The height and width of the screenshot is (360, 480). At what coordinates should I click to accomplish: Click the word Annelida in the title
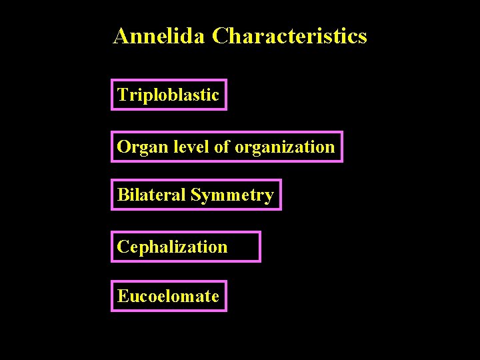[x=160, y=36]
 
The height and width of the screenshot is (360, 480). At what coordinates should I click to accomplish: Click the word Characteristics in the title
[x=289, y=36]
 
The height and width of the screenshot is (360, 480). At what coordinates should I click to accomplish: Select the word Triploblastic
[x=168, y=95]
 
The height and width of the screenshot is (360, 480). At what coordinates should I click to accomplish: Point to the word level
[x=189, y=147]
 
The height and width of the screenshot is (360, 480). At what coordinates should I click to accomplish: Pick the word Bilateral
[x=151, y=195]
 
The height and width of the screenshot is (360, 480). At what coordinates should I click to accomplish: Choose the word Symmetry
[x=232, y=195]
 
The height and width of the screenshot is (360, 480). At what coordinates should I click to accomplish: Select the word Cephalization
[x=172, y=247]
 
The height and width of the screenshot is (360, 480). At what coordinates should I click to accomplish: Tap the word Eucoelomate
[x=168, y=296]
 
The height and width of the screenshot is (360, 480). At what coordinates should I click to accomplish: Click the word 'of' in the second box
[x=221, y=147]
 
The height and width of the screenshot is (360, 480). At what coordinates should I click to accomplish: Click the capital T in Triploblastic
[x=122, y=95]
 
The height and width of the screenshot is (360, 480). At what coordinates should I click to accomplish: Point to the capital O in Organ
[x=123, y=147]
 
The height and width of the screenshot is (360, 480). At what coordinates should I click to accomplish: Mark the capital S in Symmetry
[x=195, y=195]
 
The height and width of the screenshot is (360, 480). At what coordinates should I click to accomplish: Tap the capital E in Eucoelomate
[x=123, y=296]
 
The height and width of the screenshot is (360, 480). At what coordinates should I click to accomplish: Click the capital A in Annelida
[x=121, y=36]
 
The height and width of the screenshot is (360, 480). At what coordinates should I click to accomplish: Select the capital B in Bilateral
[x=123, y=195]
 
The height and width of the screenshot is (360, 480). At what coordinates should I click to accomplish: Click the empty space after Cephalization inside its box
[x=243, y=247]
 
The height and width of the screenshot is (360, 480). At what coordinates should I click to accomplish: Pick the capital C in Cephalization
[x=123, y=247]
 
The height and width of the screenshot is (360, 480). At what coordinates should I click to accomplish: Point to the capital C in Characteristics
[x=220, y=36]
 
